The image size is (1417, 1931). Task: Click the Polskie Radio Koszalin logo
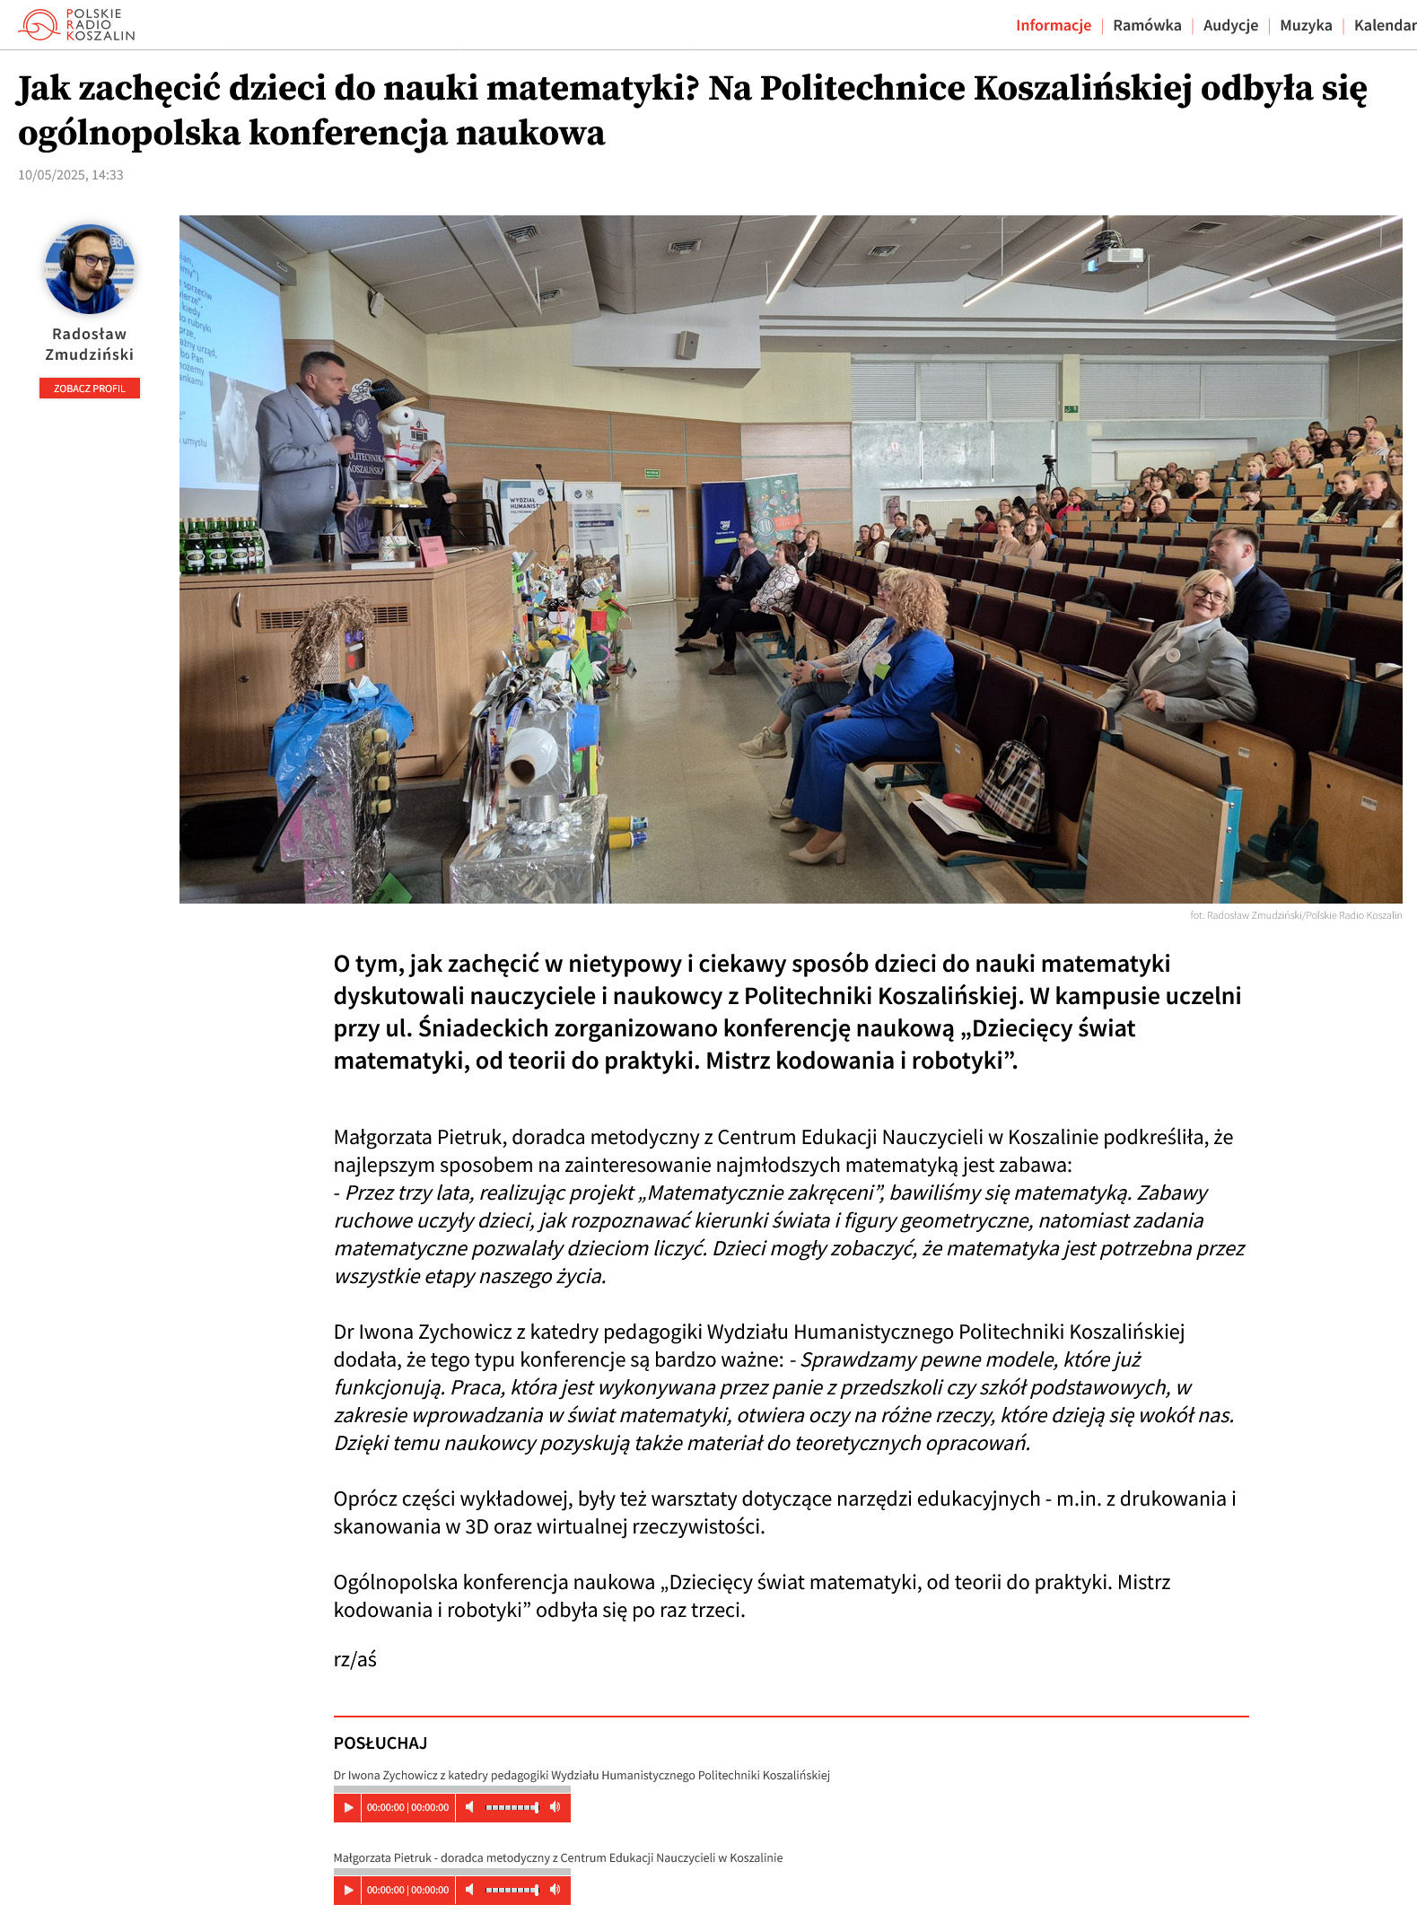click(77, 25)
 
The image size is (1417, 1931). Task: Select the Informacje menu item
click(1053, 25)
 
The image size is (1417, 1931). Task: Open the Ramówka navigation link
click(1147, 25)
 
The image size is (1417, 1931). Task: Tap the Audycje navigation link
click(1230, 25)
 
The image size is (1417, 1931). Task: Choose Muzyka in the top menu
click(1306, 25)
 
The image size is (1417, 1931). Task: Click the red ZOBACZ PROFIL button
click(90, 389)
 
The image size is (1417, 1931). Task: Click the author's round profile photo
click(90, 269)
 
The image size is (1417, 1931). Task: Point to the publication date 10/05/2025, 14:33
click(71, 175)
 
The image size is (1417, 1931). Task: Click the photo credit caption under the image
click(1295, 915)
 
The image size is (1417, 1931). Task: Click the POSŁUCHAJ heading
click(380, 1743)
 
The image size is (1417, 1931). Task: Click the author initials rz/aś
click(355, 1659)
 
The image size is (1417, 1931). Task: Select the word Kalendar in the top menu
click(1385, 25)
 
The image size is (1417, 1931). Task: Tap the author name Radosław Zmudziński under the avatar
click(90, 344)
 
